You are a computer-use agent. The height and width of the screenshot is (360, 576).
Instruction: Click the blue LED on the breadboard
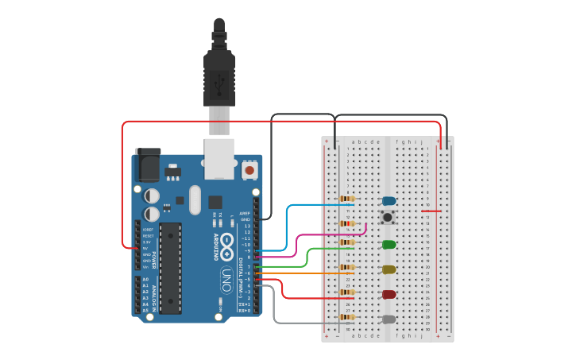tap(389, 201)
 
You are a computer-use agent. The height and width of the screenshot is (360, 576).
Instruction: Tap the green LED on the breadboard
tap(389, 244)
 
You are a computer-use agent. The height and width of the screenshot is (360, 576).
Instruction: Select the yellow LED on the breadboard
tap(389, 269)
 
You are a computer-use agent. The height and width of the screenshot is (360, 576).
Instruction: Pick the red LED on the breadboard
tap(389, 294)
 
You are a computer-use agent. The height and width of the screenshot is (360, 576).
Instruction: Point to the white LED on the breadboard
tap(389, 319)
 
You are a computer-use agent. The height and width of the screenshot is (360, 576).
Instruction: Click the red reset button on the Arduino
tap(249, 169)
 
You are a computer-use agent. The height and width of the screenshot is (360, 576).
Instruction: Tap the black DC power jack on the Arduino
tap(148, 165)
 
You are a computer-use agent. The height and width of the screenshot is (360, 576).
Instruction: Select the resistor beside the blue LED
tap(347, 199)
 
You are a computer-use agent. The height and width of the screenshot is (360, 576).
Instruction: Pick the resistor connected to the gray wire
tap(347, 317)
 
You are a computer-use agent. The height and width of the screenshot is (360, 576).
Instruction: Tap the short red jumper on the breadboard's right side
tap(431, 211)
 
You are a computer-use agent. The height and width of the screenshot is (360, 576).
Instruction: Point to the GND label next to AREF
tap(245, 219)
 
